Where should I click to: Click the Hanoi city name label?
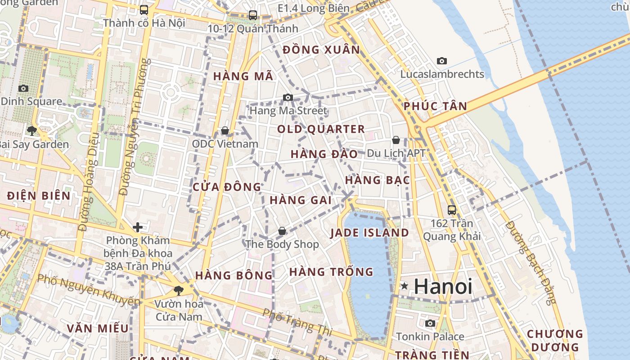point(443,286)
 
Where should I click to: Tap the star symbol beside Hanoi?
point(404,286)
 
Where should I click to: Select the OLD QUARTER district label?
point(321,129)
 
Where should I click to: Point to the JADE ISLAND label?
point(369,233)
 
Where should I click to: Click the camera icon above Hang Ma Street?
point(288,97)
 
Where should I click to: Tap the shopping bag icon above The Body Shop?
point(282,231)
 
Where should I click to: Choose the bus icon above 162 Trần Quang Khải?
point(452,210)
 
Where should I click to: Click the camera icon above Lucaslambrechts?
point(442,61)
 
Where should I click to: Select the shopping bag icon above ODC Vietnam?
point(225,130)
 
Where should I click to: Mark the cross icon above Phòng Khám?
point(138,227)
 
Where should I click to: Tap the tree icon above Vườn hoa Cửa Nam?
point(179,290)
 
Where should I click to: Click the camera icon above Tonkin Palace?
point(430,323)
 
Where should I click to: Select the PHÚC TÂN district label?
point(435,106)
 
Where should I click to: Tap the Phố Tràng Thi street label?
point(297,322)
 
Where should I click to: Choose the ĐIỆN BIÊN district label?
point(39,195)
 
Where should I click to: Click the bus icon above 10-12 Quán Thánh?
point(253,15)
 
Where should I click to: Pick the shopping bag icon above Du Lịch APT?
point(396,140)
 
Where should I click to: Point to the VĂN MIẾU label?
point(98,328)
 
